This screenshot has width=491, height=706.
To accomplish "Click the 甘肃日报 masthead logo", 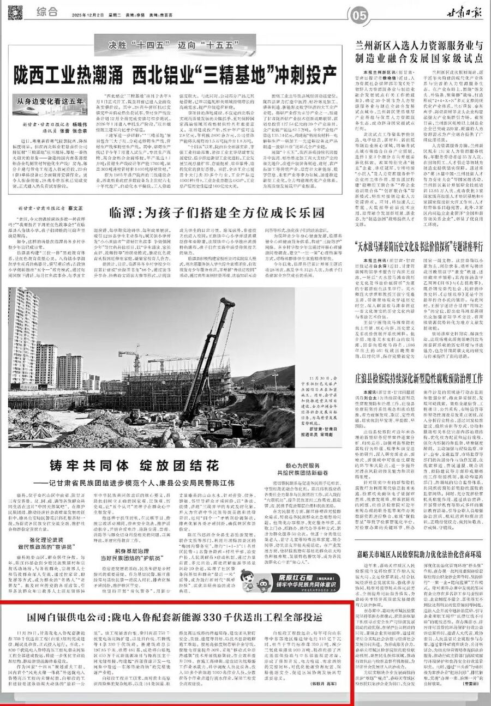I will (x=462, y=14).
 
